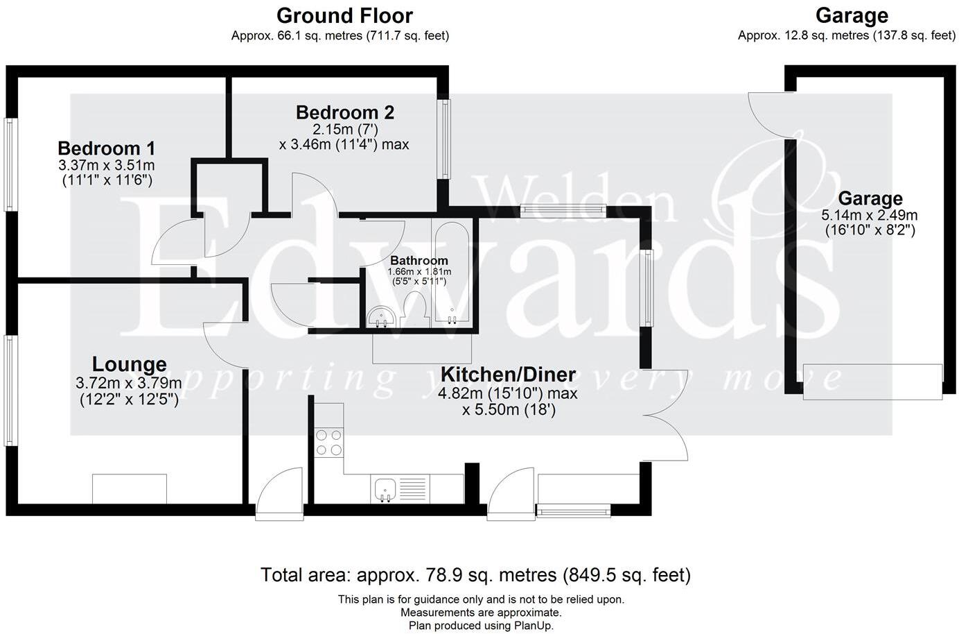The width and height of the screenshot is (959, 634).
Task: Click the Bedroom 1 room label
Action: (x=106, y=148)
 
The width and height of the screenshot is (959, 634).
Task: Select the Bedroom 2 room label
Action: (x=344, y=112)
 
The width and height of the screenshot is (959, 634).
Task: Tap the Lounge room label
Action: (x=129, y=364)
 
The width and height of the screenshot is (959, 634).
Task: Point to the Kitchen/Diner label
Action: (x=508, y=375)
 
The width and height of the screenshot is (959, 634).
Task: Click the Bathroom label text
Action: (x=419, y=261)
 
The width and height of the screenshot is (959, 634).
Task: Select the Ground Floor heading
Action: (x=344, y=15)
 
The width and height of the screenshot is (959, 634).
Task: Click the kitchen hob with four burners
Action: (x=328, y=443)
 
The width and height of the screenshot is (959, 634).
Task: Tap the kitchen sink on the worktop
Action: (x=384, y=489)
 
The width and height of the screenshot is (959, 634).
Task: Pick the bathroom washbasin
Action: (x=380, y=317)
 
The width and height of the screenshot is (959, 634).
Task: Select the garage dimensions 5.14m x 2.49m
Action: (x=870, y=215)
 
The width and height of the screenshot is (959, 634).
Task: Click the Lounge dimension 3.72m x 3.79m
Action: (x=129, y=382)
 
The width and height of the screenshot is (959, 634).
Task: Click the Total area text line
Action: (x=475, y=575)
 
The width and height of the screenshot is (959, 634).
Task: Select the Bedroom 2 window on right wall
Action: (x=444, y=138)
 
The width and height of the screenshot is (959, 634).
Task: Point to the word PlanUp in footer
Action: (x=534, y=626)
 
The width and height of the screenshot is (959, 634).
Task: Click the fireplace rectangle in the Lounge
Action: (x=130, y=488)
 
